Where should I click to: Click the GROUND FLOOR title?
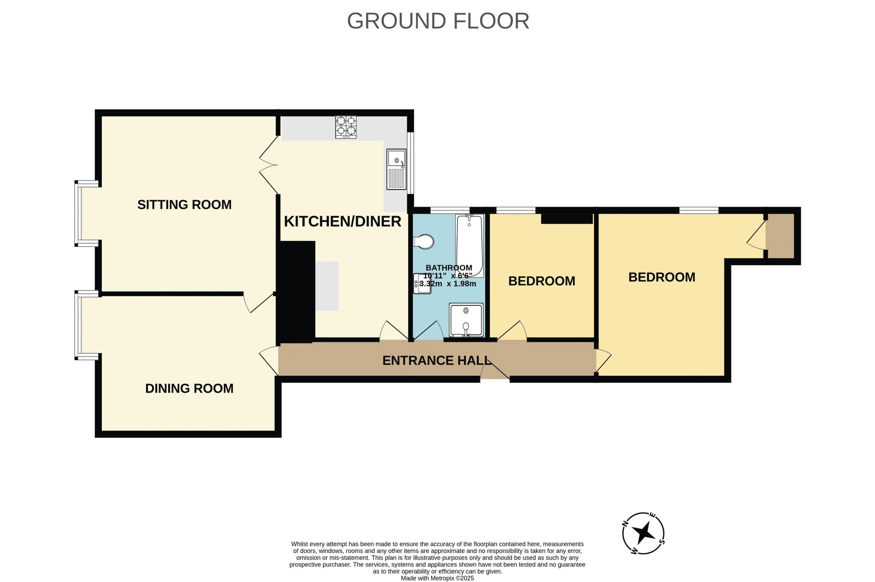(438, 21)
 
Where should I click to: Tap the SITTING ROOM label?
(184, 204)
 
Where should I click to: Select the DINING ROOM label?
(189, 388)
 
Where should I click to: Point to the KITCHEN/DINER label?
(342, 221)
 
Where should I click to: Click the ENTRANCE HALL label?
(437, 360)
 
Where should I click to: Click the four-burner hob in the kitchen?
(346, 127)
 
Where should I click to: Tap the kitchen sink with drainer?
(396, 169)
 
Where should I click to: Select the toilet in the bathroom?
(423, 242)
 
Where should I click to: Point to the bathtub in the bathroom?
(470, 246)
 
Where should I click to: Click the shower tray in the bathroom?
(466, 320)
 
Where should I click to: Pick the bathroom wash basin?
(422, 283)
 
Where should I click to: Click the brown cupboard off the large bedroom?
(780, 236)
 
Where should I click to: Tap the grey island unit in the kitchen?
(327, 286)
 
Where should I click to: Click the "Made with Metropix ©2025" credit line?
(437, 578)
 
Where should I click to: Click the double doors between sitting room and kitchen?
(269, 165)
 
